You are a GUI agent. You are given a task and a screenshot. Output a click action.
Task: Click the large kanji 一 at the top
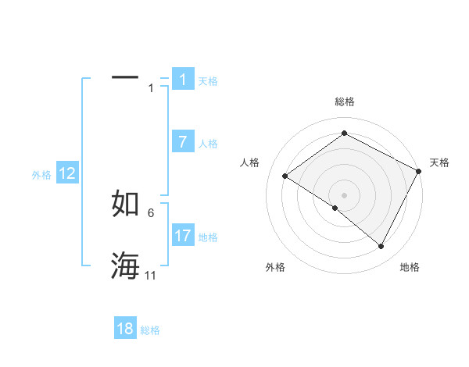(125, 77)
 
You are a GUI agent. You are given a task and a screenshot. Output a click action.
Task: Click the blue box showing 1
(183, 80)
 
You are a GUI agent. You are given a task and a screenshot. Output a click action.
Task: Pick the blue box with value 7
(183, 142)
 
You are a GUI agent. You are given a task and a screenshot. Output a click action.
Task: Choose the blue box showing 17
(183, 235)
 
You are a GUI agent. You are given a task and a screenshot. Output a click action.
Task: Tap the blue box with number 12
(66, 173)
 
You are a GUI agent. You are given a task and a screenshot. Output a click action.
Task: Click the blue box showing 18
(125, 329)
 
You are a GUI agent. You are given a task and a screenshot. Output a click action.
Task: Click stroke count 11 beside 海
(151, 276)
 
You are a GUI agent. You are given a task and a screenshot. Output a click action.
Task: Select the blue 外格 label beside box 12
(41, 175)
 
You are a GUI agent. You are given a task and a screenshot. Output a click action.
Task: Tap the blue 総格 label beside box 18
(150, 330)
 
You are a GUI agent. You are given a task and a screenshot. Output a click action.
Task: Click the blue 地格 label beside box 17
(208, 237)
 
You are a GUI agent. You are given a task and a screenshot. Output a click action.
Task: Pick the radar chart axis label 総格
(345, 102)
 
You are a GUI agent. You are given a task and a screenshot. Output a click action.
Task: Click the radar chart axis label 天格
(439, 162)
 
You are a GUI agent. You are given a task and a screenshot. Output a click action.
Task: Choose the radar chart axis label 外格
(275, 267)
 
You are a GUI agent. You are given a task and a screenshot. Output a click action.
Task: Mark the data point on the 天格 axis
(419, 171)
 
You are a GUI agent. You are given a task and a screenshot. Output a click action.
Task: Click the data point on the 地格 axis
(381, 246)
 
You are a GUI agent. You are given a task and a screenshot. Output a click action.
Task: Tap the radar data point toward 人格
(285, 176)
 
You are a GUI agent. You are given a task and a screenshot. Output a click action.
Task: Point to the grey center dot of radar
(344, 195)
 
